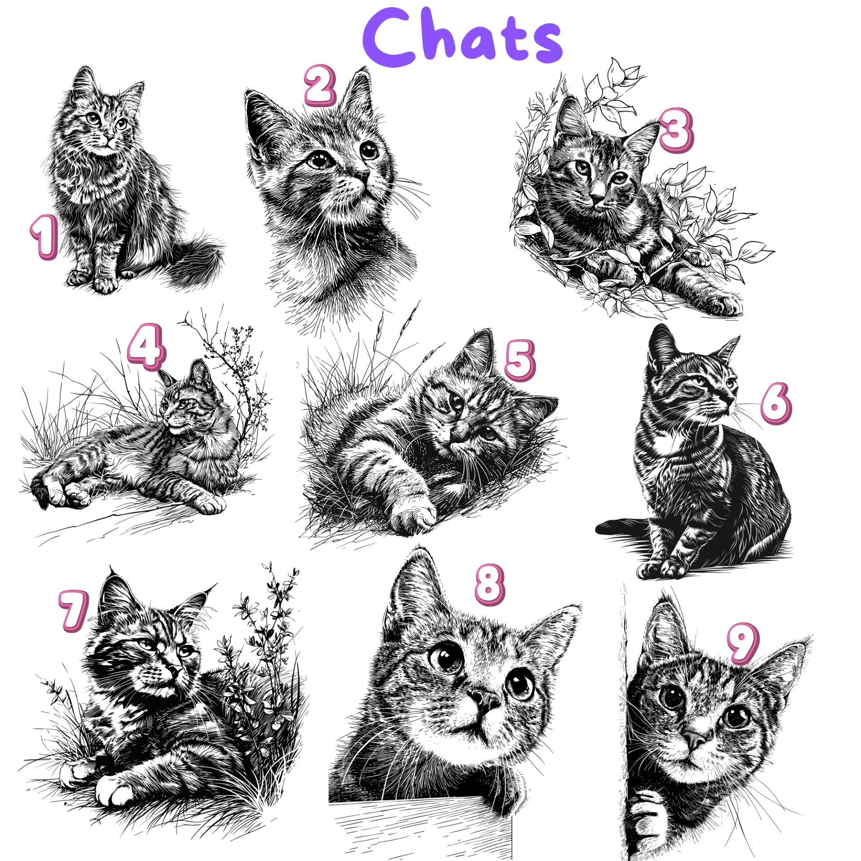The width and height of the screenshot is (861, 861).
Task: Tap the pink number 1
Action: (45, 236)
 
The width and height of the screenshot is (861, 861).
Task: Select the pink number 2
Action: (320, 85)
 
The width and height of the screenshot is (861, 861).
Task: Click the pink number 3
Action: (676, 130)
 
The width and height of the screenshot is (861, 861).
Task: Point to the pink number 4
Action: (146, 348)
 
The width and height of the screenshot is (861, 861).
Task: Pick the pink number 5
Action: (520, 360)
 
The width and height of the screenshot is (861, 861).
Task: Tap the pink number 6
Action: (776, 403)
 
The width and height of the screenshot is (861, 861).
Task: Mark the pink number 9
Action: (743, 643)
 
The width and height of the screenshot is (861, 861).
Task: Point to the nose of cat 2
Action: (362, 174)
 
